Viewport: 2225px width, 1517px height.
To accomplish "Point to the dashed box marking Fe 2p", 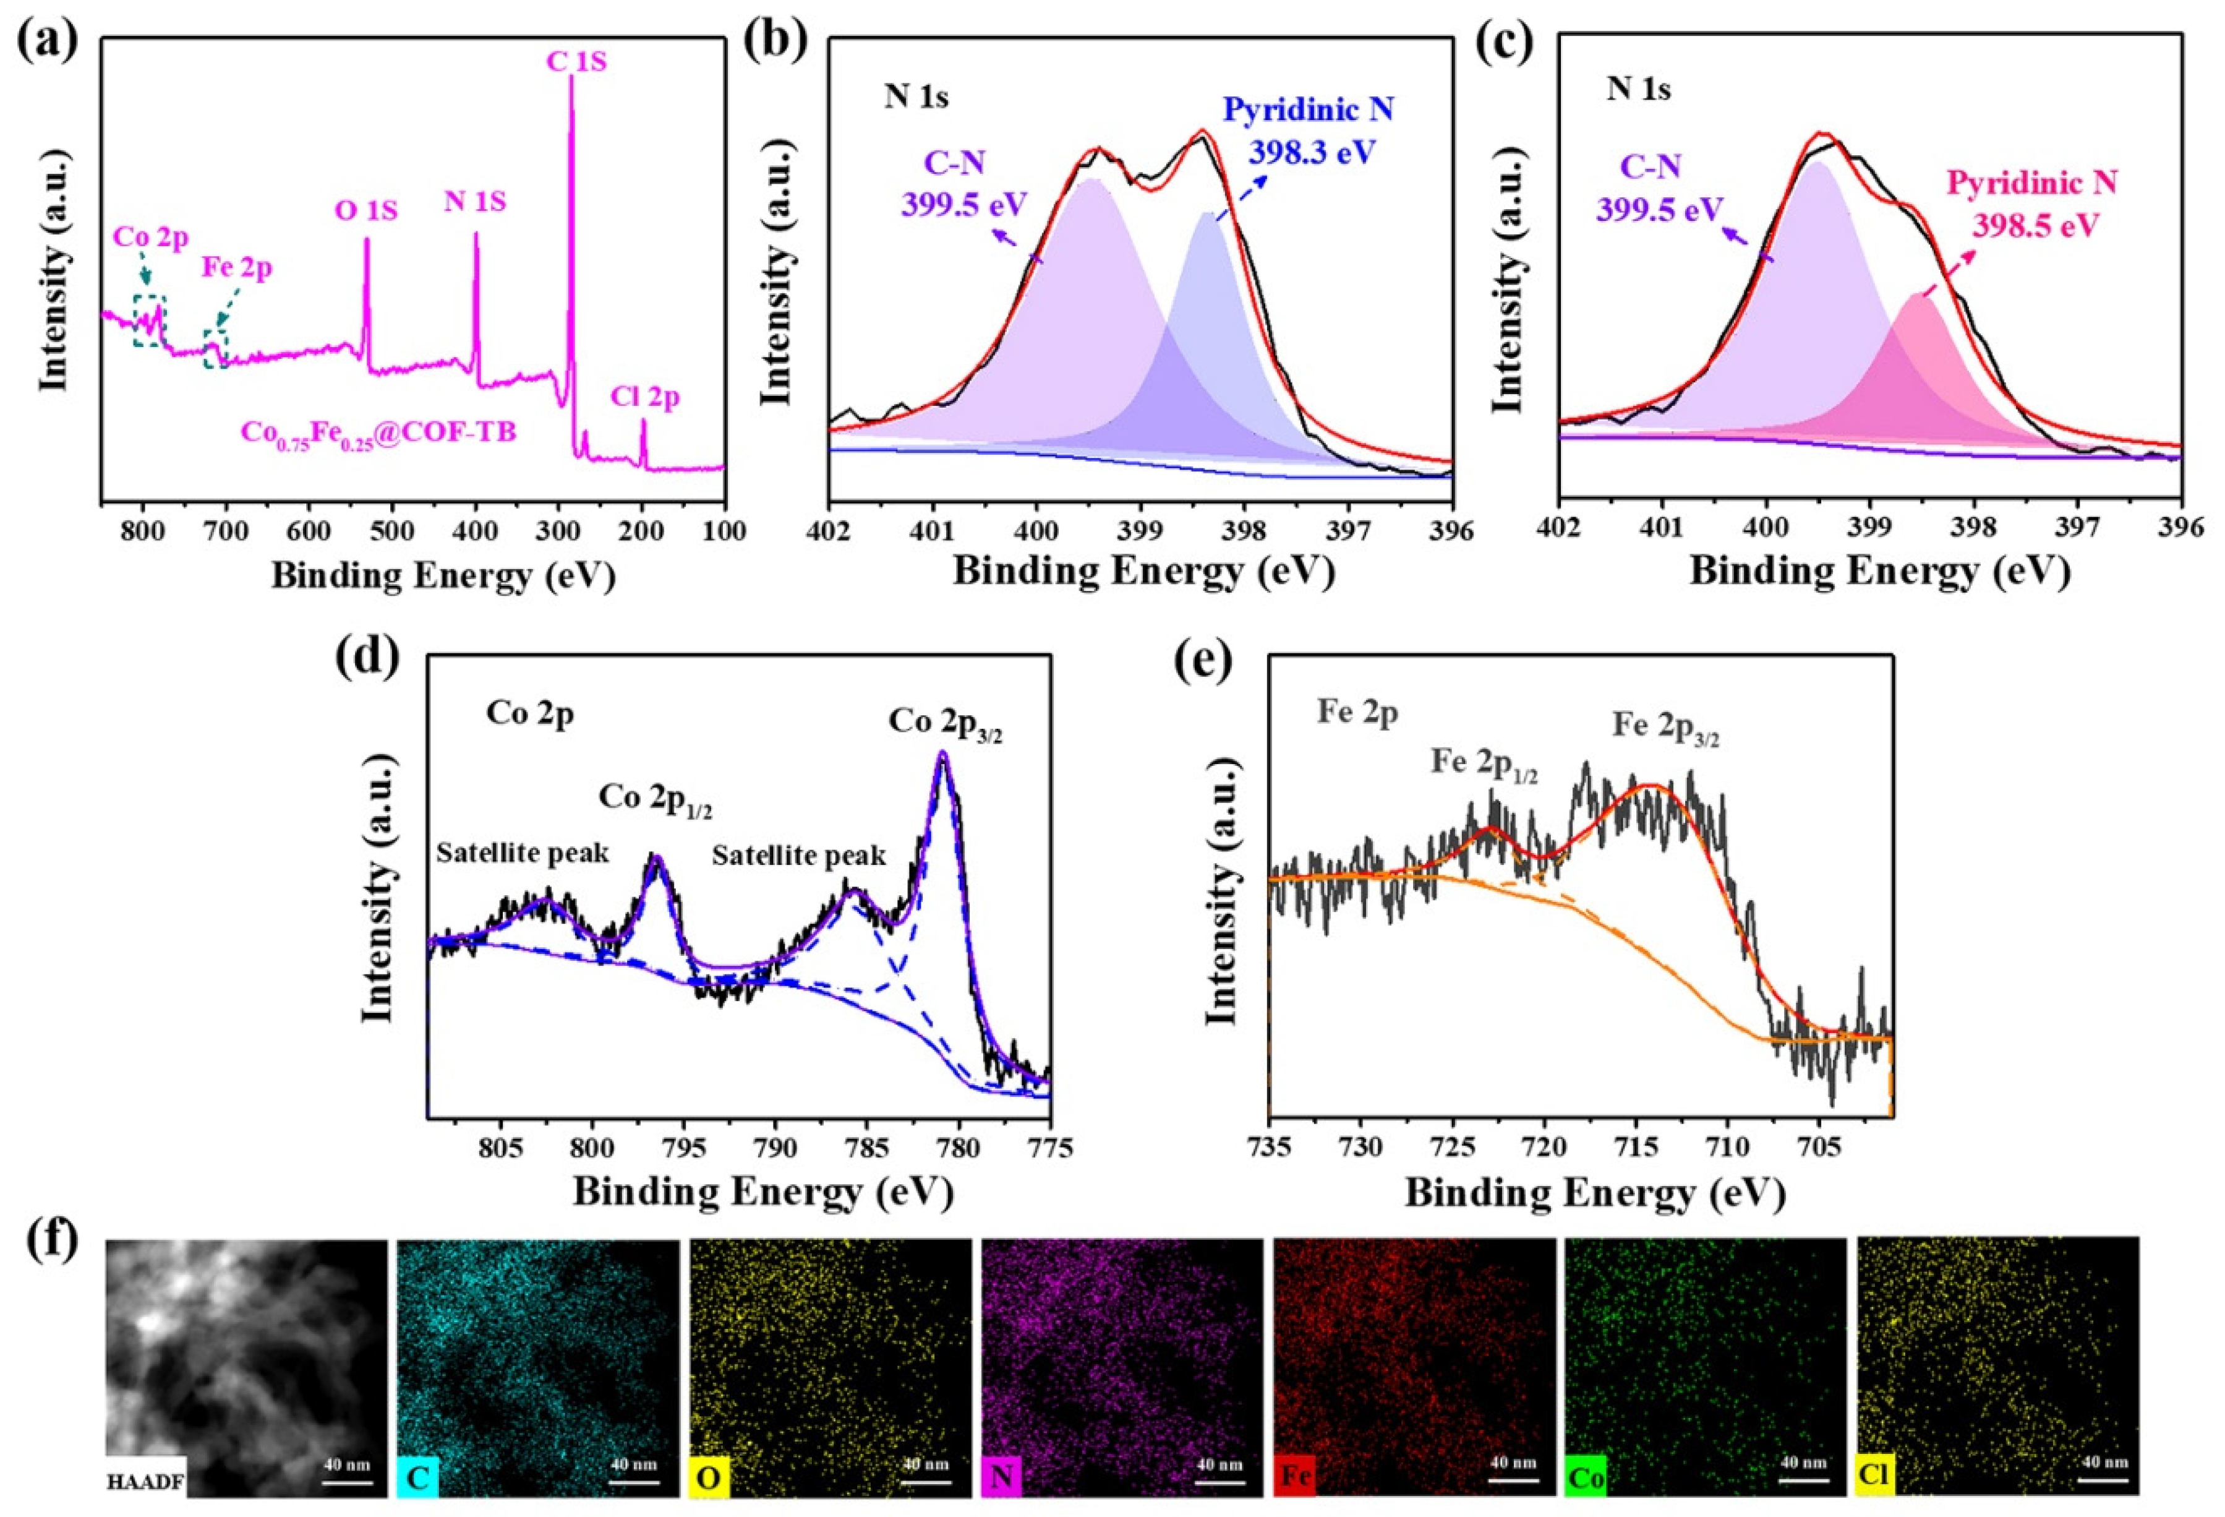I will pos(215,348).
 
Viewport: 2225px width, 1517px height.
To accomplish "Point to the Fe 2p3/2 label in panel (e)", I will pos(1667,726).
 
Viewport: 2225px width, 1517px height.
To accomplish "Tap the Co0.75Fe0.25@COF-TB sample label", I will pos(378,433).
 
